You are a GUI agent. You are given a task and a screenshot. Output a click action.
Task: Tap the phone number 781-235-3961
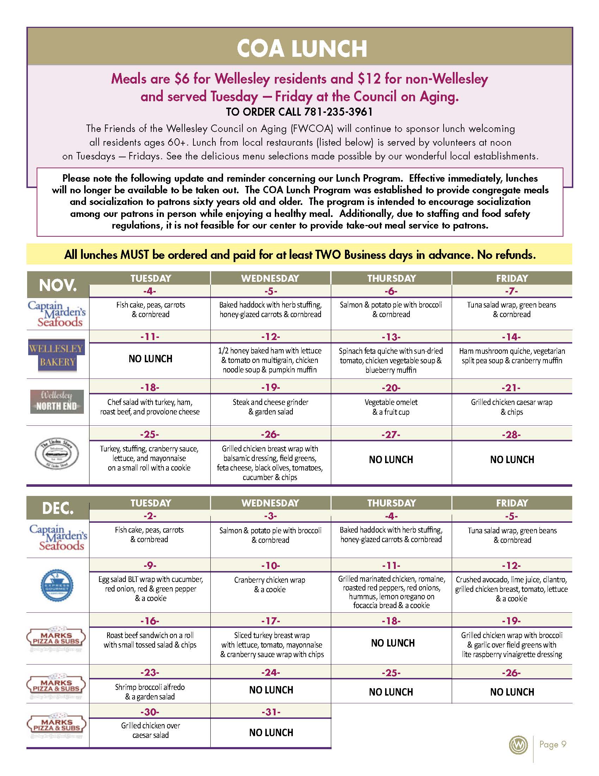tap(338, 112)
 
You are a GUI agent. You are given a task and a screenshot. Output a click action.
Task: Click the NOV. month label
tap(58, 285)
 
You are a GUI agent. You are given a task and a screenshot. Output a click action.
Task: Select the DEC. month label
tap(58, 508)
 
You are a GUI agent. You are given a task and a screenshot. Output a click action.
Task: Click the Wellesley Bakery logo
tap(57, 355)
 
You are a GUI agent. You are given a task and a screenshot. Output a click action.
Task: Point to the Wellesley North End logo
tap(57, 402)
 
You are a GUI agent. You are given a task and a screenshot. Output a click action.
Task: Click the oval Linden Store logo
tap(57, 454)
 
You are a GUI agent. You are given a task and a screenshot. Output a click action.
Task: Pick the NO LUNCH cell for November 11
tap(150, 359)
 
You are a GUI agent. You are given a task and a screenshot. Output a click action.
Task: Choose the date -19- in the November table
tap(271, 387)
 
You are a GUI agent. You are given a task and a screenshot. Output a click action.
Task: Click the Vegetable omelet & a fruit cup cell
tap(391, 407)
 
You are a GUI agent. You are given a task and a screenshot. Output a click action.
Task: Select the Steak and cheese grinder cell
tap(271, 407)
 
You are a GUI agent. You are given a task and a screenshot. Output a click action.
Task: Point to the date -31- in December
tap(271, 712)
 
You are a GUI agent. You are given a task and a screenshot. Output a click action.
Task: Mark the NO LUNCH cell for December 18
tap(393, 643)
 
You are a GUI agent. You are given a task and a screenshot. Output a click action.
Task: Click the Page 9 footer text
tap(553, 744)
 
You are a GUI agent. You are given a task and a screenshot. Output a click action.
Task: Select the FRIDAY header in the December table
tap(512, 503)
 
